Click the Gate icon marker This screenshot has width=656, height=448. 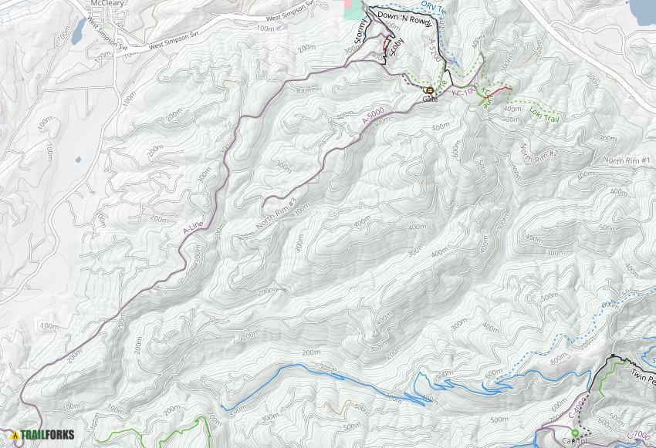click(428, 90)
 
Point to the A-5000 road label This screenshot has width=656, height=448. click(375, 116)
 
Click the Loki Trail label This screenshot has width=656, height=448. click(544, 113)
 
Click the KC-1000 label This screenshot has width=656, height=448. click(465, 92)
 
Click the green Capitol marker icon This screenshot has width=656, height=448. click(574, 433)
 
